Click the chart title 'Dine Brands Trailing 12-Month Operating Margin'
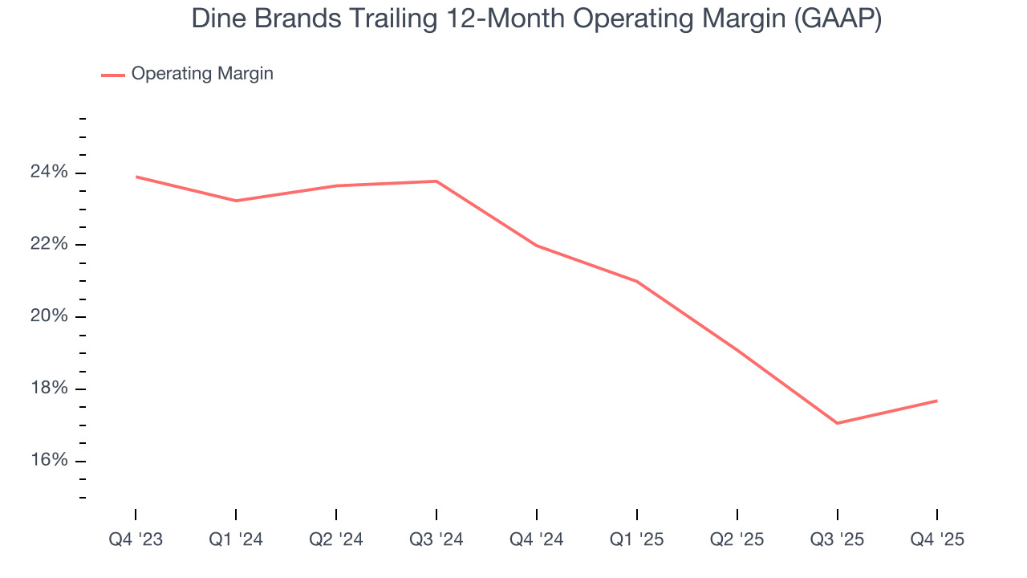click(536, 19)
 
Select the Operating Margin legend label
click(202, 74)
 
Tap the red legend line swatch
click(112, 75)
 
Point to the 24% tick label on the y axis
click(50, 173)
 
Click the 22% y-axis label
click(50, 245)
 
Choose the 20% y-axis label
click(50, 316)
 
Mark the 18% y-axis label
click(50, 389)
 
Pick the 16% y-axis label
click(50, 460)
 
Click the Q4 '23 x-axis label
click(136, 540)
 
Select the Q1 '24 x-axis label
click(236, 540)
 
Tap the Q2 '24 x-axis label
click(336, 540)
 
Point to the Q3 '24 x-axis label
click(436, 540)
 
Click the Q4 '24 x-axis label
click(537, 540)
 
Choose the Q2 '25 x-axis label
click(737, 540)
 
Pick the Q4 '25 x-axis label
click(937, 540)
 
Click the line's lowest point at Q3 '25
click(837, 423)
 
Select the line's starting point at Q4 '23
click(136, 177)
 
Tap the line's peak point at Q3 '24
click(436, 181)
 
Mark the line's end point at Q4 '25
click(937, 401)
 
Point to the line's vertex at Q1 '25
click(637, 281)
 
